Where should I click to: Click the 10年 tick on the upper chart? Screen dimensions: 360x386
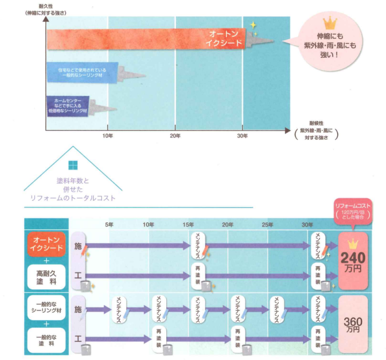pyautogui.click(x=108, y=136)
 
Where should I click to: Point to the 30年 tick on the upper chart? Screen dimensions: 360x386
pyautogui.click(x=243, y=136)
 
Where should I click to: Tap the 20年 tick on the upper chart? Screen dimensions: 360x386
pyautogui.click(x=175, y=136)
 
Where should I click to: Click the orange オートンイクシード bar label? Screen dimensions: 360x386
pyautogui.click(x=226, y=38)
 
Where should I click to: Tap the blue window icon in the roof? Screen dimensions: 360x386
pyautogui.click(x=73, y=166)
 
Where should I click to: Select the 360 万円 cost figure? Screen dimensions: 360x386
pyautogui.click(x=352, y=323)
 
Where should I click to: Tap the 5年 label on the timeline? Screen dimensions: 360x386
pyautogui.click(x=109, y=224)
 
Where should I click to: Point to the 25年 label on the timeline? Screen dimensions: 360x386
pyautogui.click(x=268, y=224)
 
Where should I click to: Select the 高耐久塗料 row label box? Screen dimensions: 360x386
pyautogui.click(x=47, y=277)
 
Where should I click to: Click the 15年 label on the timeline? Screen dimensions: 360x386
pyautogui.click(x=188, y=224)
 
